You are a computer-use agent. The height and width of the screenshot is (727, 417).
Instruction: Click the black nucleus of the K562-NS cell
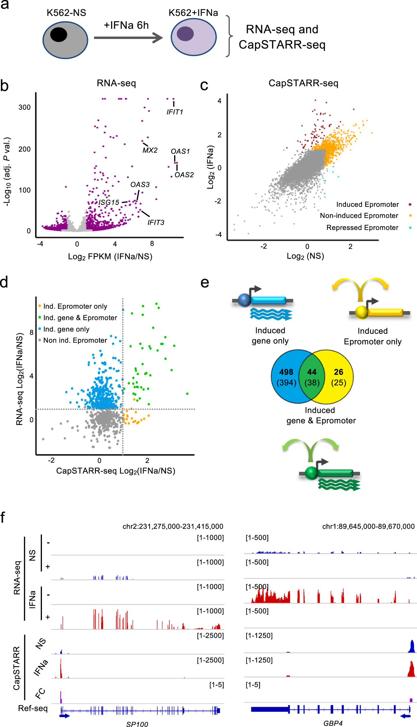[x=59, y=35]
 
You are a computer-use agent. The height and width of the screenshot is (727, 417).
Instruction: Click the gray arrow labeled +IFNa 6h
[x=128, y=38]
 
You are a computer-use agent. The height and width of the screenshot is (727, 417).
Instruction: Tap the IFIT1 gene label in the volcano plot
[x=175, y=112]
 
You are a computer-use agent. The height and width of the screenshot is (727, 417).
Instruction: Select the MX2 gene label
[x=150, y=150]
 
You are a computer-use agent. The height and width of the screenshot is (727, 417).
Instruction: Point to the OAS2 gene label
[x=184, y=175]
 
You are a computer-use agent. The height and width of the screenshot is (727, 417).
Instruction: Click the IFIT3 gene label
[x=156, y=222]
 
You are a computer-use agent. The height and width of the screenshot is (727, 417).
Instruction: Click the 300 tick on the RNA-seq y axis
[x=24, y=107]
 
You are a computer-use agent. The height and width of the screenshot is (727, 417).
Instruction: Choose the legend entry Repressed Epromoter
[x=362, y=228]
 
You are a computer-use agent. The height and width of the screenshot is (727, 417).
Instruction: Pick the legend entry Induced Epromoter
[x=367, y=204]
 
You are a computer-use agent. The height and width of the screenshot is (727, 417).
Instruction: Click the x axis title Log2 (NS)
[x=305, y=256]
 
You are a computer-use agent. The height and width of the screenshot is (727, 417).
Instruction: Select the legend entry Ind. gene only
[x=66, y=329]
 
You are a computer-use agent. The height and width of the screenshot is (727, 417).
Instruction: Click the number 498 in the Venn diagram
[x=286, y=372]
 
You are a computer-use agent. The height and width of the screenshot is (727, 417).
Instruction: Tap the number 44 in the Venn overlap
[x=312, y=372]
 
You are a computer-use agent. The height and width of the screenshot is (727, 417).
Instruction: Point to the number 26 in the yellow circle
[x=338, y=372]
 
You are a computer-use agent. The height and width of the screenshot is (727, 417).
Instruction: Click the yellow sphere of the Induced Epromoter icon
[x=362, y=312]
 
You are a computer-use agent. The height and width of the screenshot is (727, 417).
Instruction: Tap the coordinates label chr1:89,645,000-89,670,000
[x=368, y=526]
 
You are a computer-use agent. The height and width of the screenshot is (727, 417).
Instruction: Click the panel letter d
[x=4, y=282]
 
